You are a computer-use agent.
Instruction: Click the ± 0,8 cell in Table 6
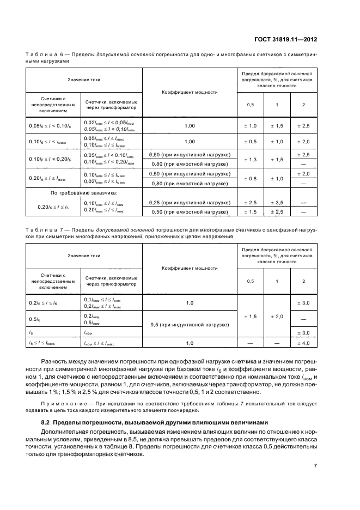tap(251, 178)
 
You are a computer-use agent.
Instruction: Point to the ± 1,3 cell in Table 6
tap(251, 160)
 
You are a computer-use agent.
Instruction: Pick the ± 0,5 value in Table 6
tap(251, 142)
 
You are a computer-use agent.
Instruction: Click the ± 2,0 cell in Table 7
tap(277, 317)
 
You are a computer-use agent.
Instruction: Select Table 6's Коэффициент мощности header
tap(190, 92)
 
